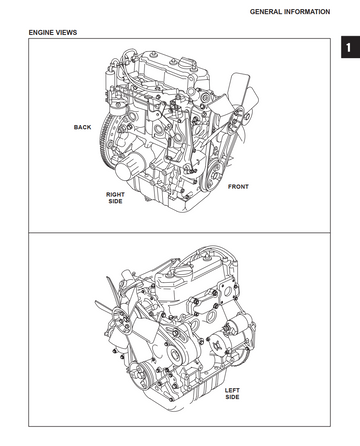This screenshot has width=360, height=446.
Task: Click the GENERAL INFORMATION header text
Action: click(290, 12)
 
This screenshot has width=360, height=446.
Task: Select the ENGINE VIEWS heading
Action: click(53, 32)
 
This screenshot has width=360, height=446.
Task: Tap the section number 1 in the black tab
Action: click(349, 48)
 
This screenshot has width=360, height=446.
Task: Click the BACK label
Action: click(82, 127)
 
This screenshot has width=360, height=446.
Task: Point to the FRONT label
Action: click(238, 187)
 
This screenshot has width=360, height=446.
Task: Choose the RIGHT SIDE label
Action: click(115, 198)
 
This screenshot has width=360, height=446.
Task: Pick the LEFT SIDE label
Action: click(232, 393)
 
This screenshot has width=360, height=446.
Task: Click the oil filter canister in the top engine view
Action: click(129, 167)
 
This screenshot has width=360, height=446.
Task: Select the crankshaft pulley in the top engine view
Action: click(215, 174)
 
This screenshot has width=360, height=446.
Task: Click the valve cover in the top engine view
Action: click(172, 68)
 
